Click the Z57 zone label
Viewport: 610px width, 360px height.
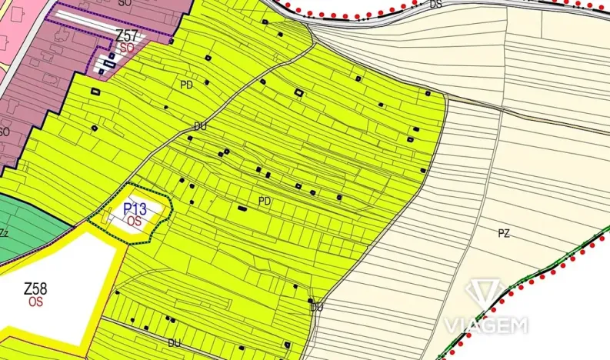tap(126, 35)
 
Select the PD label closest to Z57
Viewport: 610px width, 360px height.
tap(186, 85)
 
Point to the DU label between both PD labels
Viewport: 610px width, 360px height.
tap(201, 126)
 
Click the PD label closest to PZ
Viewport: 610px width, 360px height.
tap(265, 201)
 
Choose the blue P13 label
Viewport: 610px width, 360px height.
tap(135, 209)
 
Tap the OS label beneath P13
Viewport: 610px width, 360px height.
tap(135, 221)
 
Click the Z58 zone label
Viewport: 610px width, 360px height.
tap(35, 289)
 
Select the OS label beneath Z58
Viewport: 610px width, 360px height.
tap(35, 302)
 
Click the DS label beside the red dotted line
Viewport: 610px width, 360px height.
tap(436, 5)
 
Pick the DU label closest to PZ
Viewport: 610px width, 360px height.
tap(317, 308)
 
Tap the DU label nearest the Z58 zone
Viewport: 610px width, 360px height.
tap(174, 342)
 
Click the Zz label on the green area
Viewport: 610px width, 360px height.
tap(5, 232)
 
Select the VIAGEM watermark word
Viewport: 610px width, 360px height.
tap(485, 326)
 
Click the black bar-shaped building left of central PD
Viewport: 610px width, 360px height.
tap(242, 207)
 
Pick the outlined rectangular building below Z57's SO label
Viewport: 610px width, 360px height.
tap(108, 65)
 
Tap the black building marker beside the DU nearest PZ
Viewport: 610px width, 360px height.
tap(310, 300)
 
